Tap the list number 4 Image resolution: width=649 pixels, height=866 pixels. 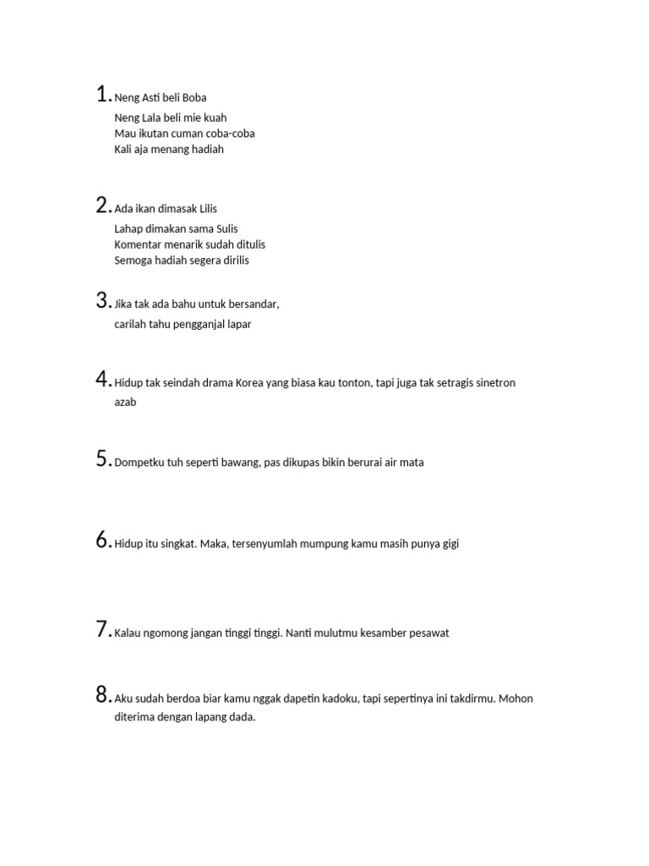point(102,379)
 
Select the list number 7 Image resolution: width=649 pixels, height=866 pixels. point(102,629)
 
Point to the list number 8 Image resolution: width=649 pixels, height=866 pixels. point(102,695)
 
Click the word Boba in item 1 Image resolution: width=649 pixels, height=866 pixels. point(194,97)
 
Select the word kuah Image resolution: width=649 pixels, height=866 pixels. point(215,118)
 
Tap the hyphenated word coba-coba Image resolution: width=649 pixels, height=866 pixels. point(229,134)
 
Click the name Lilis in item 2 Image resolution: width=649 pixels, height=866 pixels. point(209,209)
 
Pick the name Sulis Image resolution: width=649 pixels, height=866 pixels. point(224,228)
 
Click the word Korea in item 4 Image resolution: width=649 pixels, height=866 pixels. point(250,383)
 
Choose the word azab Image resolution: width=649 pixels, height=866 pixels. point(125,403)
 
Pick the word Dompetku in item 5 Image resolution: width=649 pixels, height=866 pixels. point(139,463)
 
